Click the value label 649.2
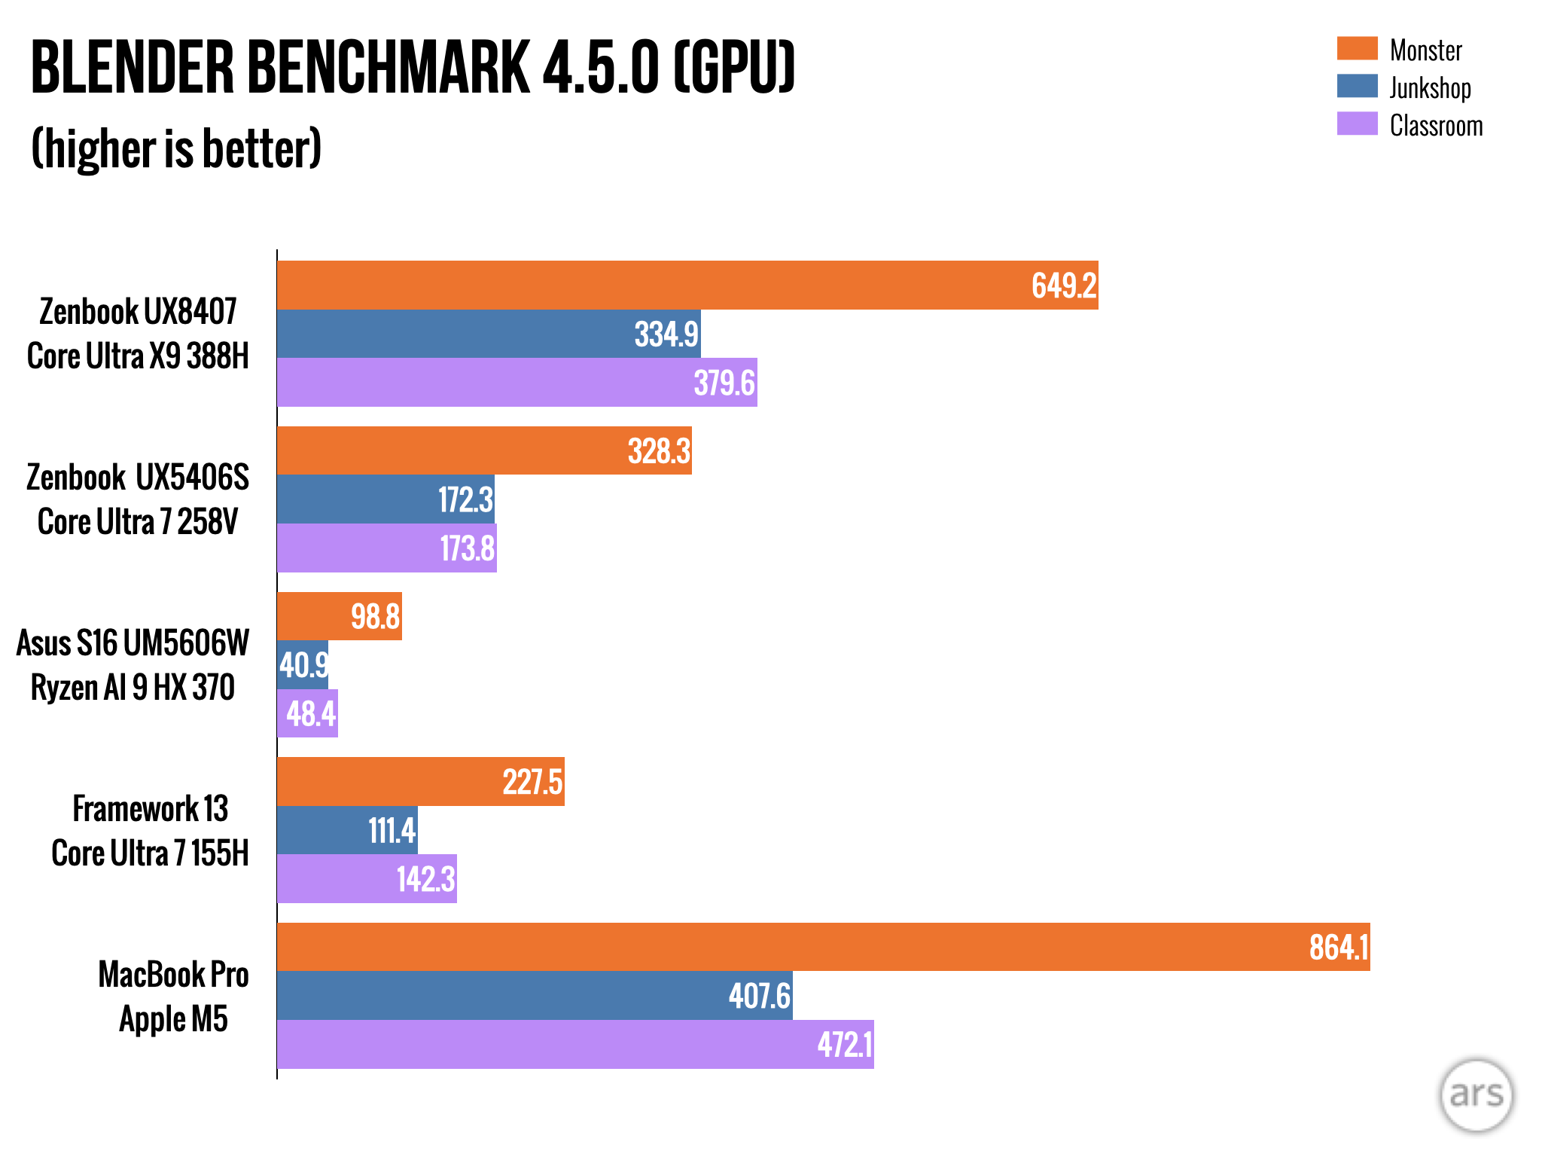[x=1063, y=285]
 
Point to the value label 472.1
[x=844, y=1045]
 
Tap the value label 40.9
[x=303, y=665]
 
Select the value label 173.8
[x=467, y=548]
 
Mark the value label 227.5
[x=532, y=782]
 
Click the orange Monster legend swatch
[x=1357, y=48]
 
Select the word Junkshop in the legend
[x=1430, y=87]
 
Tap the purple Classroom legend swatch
[x=1357, y=124]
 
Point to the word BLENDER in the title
[x=133, y=68]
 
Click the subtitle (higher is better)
[x=176, y=148]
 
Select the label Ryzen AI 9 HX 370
[x=133, y=687]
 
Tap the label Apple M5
[x=173, y=1019]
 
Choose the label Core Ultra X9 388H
[x=138, y=356]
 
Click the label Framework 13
[x=150, y=809]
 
